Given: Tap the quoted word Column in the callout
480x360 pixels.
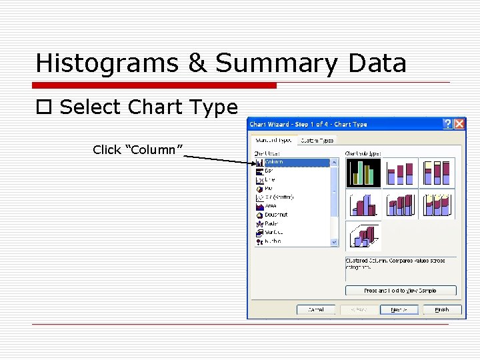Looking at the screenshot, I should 138,150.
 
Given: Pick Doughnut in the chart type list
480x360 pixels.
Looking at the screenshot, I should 276,215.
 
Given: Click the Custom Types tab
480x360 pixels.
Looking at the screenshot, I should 317,140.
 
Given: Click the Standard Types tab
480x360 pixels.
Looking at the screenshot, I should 273,140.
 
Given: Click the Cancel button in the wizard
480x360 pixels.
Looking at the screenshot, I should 316,309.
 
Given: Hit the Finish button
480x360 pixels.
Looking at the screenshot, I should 441,309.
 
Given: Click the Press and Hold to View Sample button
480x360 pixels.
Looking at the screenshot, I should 400,291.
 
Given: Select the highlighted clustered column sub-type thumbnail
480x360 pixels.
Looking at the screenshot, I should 363,173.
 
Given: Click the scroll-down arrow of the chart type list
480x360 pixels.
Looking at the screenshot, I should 335,242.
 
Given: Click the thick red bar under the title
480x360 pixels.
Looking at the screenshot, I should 155,85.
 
